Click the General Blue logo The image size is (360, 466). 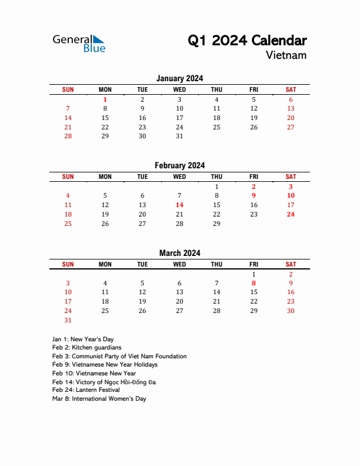tap(79, 43)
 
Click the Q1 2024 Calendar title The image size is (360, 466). tap(247, 41)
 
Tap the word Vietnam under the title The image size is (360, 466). tap(286, 55)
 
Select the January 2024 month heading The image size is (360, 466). tap(179, 78)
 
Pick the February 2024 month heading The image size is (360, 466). tap(179, 166)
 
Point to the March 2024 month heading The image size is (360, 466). tap(179, 254)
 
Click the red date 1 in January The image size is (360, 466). tap(105, 100)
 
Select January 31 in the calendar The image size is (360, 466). tap(179, 137)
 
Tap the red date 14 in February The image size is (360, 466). tap(179, 205)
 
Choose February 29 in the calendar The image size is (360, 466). tap(216, 224)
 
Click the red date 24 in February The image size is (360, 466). tap(291, 215)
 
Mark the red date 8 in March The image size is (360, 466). tap(254, 283)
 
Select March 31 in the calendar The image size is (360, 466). tap(68, 321)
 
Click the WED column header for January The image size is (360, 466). tap(179, 89)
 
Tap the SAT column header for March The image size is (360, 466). tap(291, 265)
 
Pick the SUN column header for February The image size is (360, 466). tap(68, 177)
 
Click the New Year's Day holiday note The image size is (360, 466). tap(83, 339)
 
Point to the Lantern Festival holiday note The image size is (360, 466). tap(86, 390)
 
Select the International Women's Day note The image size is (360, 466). tap(99, 399)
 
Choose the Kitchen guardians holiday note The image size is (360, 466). tap(86, 348)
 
